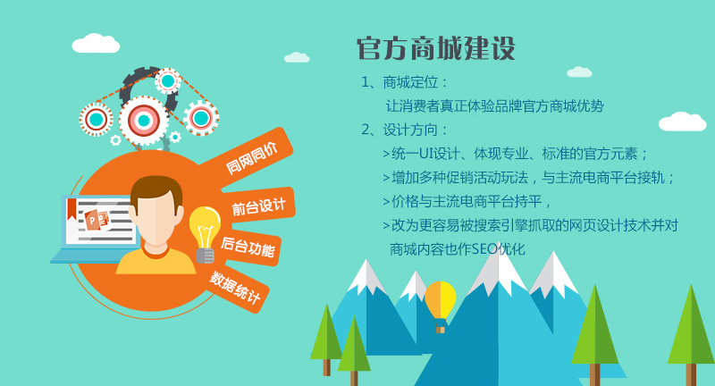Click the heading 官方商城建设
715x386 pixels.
[436, 48]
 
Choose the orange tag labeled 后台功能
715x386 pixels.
[248, 248]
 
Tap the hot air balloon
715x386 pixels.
[440, 306]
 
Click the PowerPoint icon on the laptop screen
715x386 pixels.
[97, 220]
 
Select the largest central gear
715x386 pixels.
[144, 121]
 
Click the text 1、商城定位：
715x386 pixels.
[405, 82]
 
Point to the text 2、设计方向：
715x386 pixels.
[405, 130]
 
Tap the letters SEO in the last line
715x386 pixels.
[484, 249]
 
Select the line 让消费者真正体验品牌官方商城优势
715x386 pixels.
[495, 106]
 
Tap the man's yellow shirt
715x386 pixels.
[156, 261]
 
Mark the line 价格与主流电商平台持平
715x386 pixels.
[467, 201]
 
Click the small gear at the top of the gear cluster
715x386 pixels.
[168, 81]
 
